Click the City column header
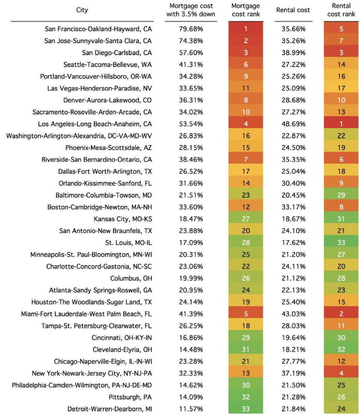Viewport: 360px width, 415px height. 82,10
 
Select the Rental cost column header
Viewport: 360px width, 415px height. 293,10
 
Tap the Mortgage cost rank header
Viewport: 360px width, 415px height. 246,10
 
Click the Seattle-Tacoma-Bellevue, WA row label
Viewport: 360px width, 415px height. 107,64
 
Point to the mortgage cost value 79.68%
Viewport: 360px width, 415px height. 191,29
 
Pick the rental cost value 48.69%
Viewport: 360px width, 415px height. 293,124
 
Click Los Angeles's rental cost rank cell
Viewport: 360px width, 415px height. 341,124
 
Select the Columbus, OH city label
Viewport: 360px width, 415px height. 131,279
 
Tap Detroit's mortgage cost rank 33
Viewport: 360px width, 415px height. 246,409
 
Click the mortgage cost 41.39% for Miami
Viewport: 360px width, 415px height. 191,314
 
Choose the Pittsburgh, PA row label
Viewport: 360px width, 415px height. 130,397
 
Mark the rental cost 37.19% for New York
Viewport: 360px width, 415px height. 293,373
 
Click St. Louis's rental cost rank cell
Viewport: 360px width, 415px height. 341,243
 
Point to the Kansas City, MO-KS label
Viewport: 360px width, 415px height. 123,219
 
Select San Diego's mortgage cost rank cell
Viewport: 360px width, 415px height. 246,52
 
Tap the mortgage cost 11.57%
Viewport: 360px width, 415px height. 191,409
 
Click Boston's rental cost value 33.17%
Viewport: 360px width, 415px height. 293,207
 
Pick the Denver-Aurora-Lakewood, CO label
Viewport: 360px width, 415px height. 107,100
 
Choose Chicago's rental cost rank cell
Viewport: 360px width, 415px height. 341,361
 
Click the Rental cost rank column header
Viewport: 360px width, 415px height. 341,10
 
